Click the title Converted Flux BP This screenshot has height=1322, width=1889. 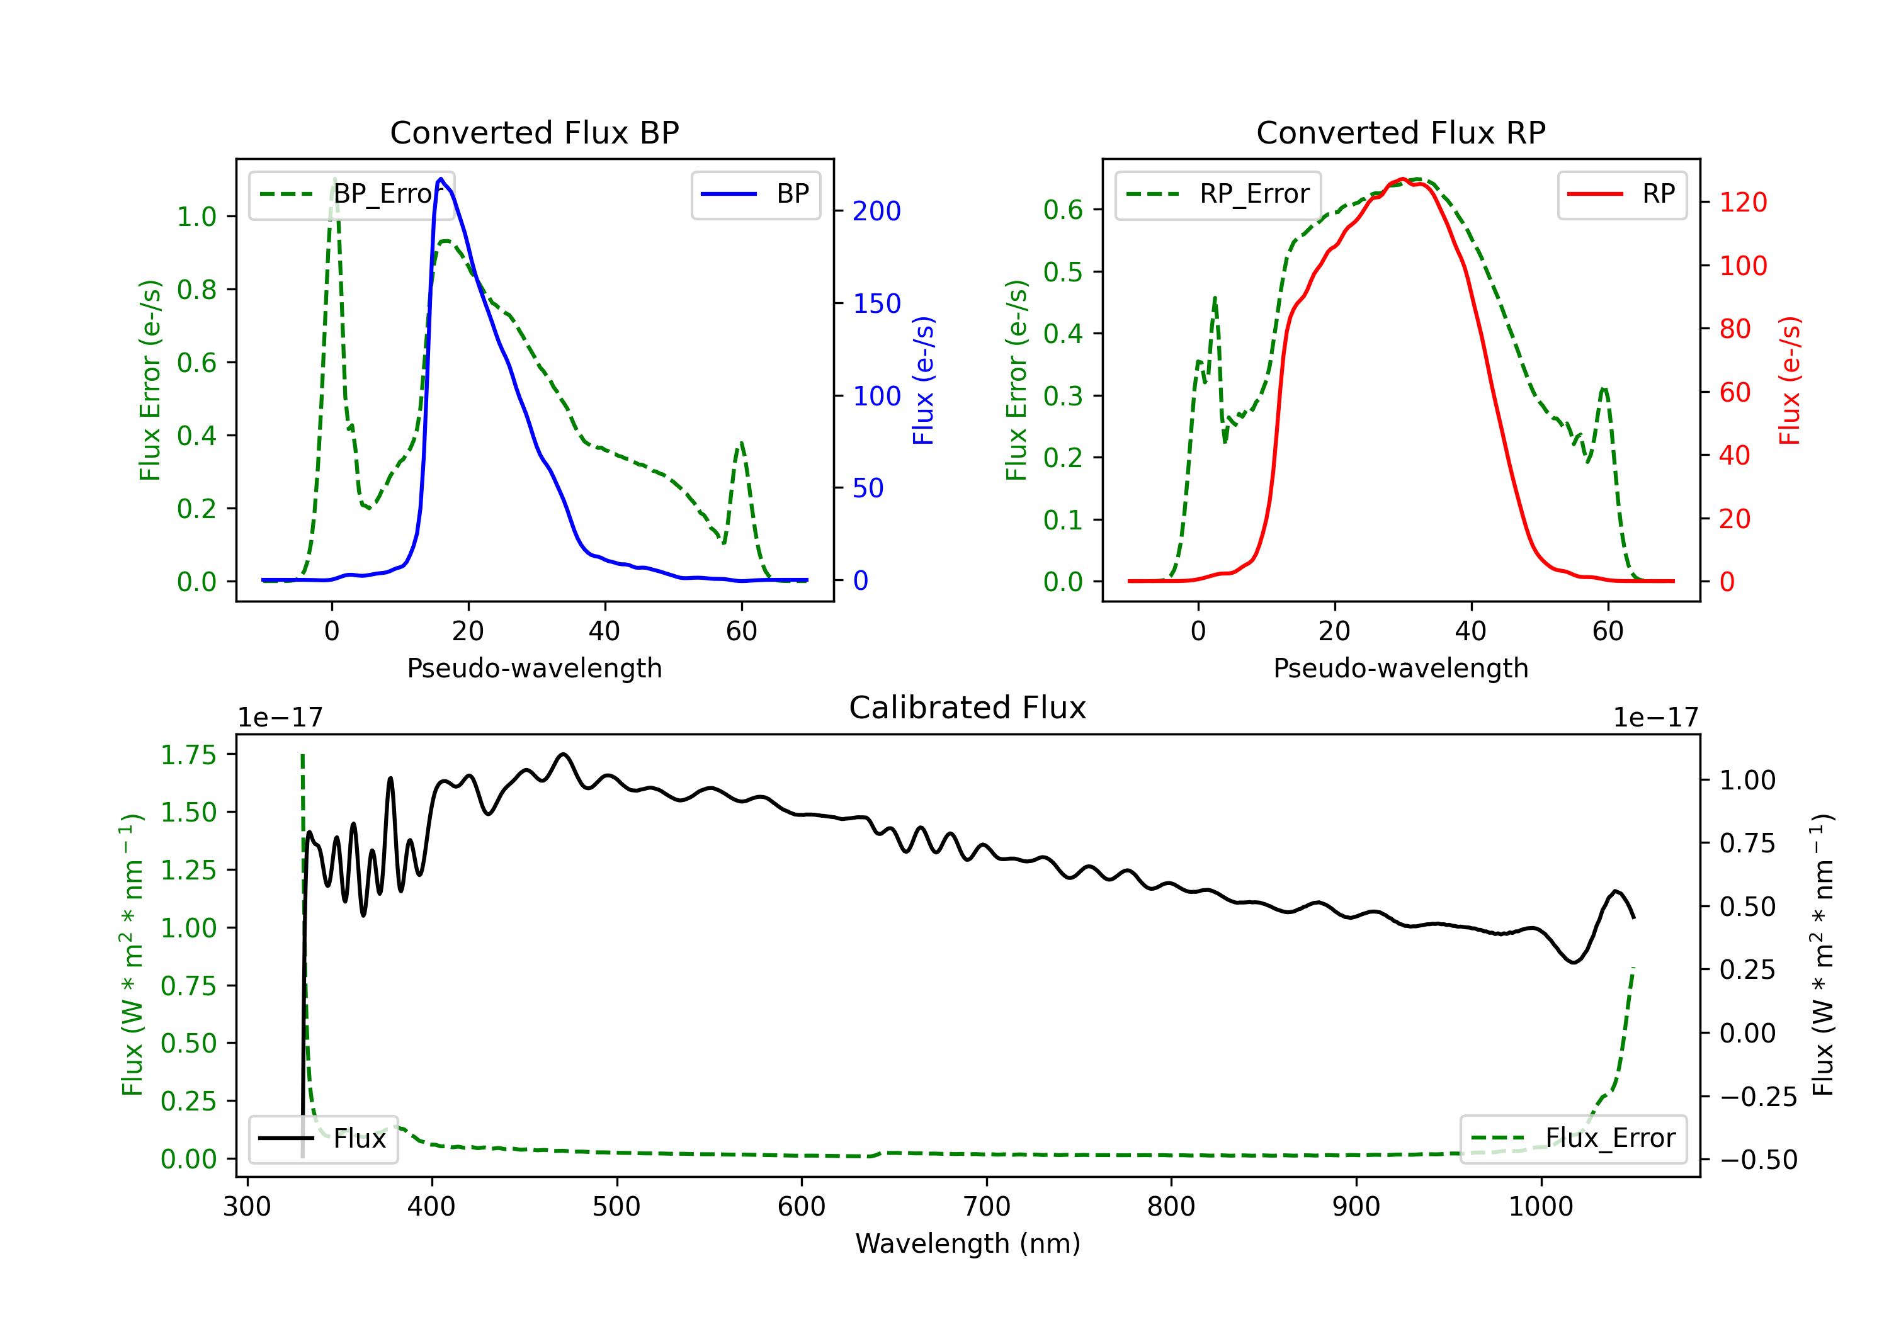click(x=535, y=132)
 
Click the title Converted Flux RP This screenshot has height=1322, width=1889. click(x=1401, y=132)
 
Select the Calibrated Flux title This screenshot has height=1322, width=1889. click(x=968, y=708)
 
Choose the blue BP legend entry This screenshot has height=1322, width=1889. click(x=755, y=194)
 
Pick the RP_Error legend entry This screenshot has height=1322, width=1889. click(x=1218, y=194)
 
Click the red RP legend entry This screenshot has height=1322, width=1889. click(x=1621, y=194)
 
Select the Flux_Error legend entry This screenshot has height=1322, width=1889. click(x=1573, y=1139)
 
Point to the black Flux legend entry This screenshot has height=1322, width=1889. click(x=322, y=1139)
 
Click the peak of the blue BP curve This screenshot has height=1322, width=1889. click(x=441, y=179)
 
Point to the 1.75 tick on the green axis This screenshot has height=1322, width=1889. click(x=188, y=755)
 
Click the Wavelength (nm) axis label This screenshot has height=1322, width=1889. click(x=968, y=1244)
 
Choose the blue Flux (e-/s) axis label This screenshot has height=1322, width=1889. click(x=923, y=381)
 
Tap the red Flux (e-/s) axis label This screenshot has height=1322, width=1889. click(x=1790, y=381)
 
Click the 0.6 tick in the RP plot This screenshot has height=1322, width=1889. click(x=1063, y=210)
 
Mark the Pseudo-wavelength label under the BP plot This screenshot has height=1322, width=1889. click(x=535, y=668)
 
